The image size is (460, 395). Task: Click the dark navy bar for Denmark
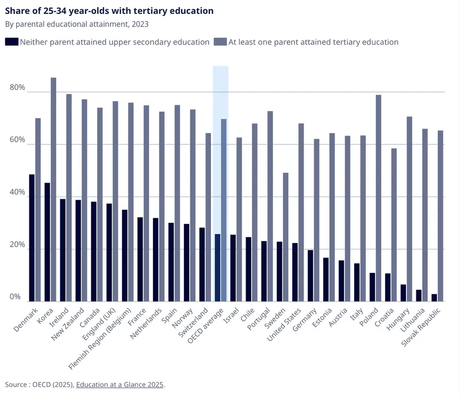coord(32,238)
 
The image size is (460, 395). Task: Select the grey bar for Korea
coord(53,189)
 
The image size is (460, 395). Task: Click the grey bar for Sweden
coord(286,237)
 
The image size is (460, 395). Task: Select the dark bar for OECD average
coord(217,268)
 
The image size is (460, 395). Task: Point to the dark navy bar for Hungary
coord(404,293)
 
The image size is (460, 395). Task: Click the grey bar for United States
coord(301,212)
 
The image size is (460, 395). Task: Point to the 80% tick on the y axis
coord(17,88)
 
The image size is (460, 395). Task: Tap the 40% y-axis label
coord(17,193)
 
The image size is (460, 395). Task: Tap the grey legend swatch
coord(220,41)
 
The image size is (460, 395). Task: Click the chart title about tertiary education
coord(109,11)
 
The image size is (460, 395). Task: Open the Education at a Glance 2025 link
coord(120,384)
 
